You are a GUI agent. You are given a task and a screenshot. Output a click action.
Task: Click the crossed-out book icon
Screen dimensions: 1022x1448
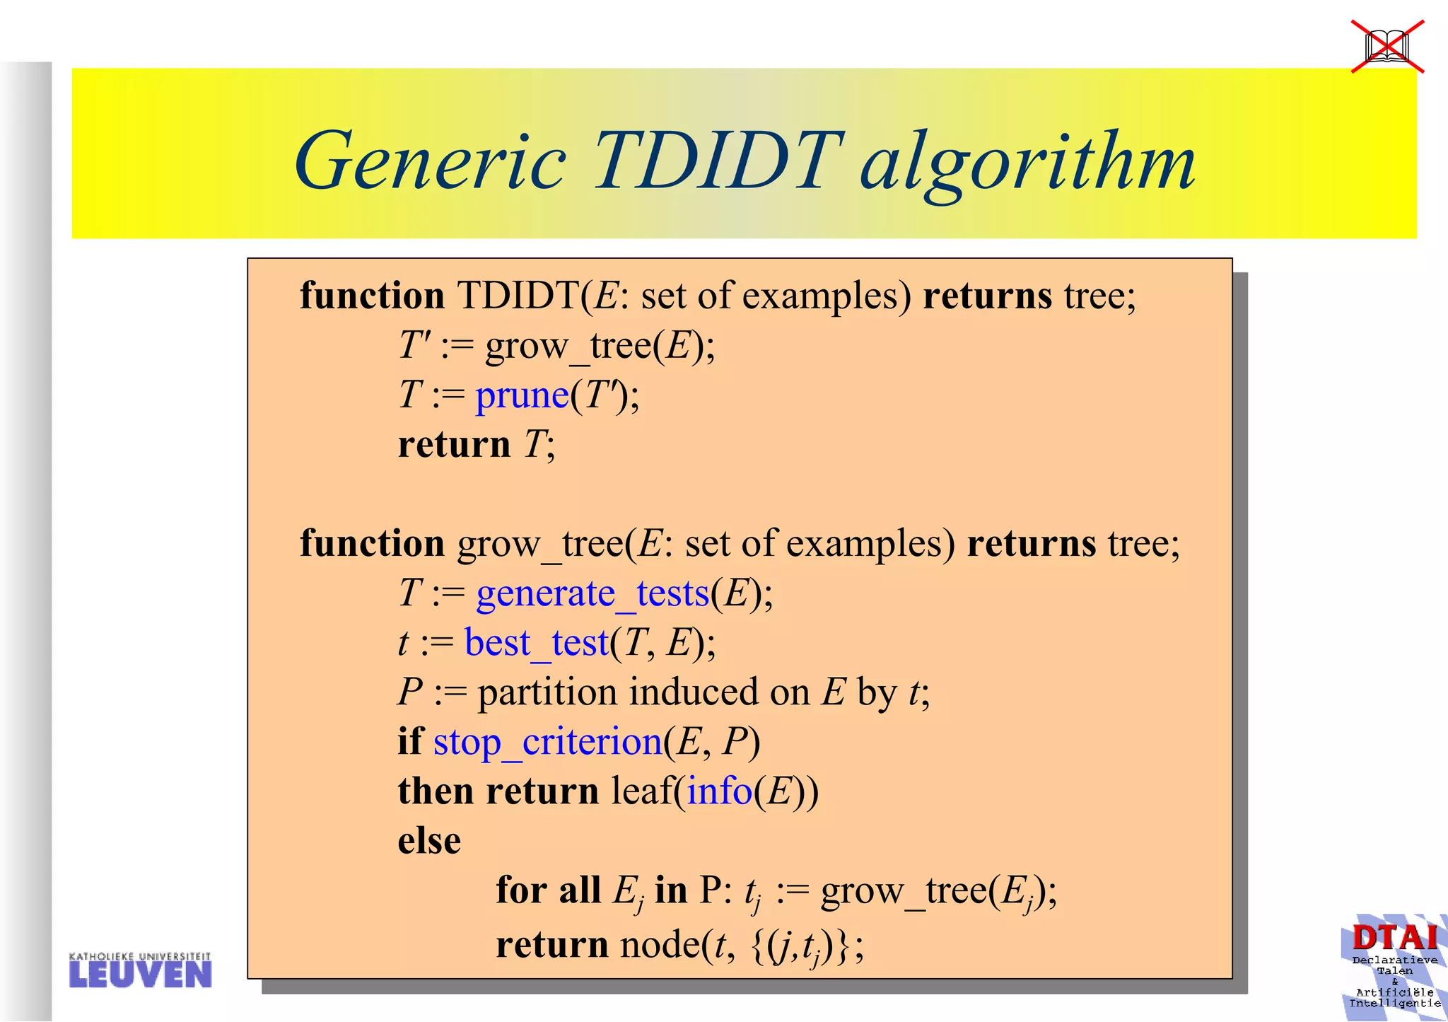click(1387, 47)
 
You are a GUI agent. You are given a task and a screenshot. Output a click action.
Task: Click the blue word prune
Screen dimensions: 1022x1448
click(522, 395)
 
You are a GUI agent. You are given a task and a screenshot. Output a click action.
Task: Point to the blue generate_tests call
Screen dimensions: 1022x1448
click(592, 593)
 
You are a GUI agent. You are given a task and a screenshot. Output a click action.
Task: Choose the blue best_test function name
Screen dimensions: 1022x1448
click(536, 643)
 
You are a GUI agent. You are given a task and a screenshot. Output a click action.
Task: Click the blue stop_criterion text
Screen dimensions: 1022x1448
click(547, 742)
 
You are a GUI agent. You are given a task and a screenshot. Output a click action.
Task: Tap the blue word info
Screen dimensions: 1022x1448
click(719, 791)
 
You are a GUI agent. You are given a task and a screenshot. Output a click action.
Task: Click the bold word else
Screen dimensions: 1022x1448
click(429, 841)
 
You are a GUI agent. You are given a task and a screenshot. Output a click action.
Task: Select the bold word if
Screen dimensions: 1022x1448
click(410, 741)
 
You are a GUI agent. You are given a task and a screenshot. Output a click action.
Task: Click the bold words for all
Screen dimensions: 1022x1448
click(548, 890)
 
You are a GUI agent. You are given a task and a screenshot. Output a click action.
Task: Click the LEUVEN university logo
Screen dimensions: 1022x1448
click(140, 970)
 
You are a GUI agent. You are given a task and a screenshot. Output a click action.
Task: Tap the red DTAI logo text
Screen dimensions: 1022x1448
click(1394, 938)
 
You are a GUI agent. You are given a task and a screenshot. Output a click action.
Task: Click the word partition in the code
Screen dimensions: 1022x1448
click(547, 692)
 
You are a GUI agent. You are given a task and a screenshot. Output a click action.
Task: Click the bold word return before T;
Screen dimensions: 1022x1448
click(454, 445)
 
